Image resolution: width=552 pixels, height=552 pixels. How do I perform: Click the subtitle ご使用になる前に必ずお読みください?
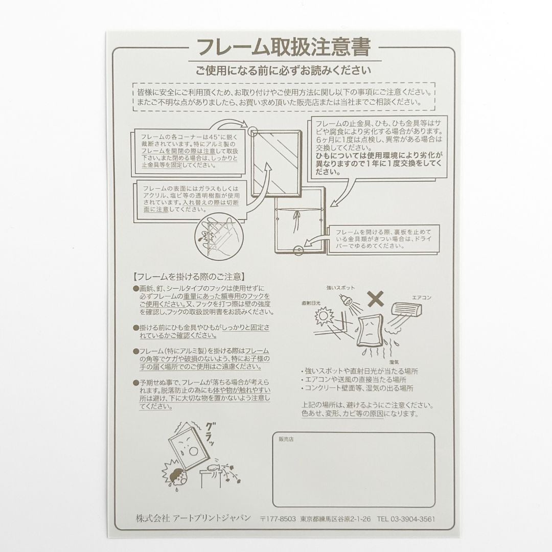pyautogui.click(x=283, y=71)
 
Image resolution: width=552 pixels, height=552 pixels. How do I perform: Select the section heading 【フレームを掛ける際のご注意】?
pyautogui.click(x=188, y=277)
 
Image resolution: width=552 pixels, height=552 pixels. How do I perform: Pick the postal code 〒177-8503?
pyautogui.click(x=278, y=518)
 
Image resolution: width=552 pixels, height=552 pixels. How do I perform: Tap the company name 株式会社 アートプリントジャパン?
pyautogui.click(x=193, y=518)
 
